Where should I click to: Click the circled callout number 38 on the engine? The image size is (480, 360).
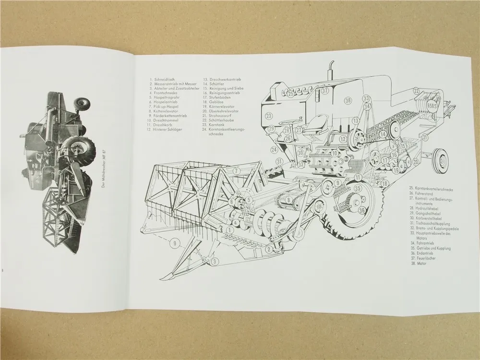click(348, 100)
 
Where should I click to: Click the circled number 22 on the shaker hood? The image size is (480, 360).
click(416, 91)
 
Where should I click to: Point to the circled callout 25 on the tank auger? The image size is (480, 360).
click(291, 93)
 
